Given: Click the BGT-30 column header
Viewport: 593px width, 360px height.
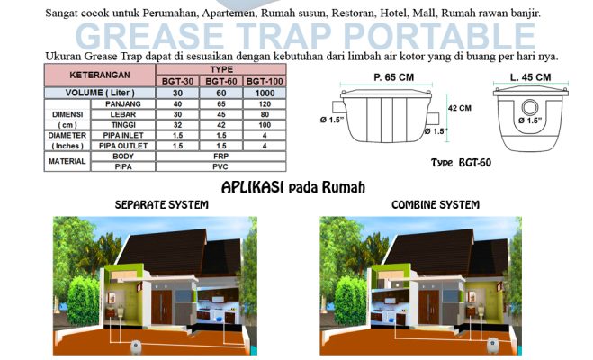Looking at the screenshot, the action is (x=177, y=81).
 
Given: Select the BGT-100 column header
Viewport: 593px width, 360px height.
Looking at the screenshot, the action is (x=265, y=81).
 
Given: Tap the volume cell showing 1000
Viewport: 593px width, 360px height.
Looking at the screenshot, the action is (x=265, y=93).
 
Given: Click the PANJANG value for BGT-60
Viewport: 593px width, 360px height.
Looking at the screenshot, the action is (x=221, y=104).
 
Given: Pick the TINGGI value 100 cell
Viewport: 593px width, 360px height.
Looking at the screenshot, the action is (x=265, y=125).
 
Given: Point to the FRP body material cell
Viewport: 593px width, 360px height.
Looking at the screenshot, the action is (x=220, y=157).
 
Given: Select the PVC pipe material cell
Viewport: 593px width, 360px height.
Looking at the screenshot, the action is (x=220, y=166).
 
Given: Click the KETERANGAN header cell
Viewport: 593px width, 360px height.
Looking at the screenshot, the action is (x=100, y=75).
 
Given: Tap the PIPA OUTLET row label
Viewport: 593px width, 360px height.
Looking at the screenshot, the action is (x=123, y=146).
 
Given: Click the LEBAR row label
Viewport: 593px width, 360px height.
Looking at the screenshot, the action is (x=123, y=114).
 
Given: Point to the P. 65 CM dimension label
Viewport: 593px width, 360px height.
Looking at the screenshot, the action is (x=394, y=77).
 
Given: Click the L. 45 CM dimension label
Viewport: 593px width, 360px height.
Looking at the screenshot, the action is (x=530, y=77).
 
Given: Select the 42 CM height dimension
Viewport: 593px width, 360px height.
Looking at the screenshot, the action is (x=460, y=108).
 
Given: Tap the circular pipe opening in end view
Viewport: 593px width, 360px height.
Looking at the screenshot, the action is (x=530, y=107).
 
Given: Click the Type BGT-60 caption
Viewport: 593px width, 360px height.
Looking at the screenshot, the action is (x=461, y=163).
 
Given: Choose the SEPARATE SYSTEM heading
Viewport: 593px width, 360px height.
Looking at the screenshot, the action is (x=161, y=205).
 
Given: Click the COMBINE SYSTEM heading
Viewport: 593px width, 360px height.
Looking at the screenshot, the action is (x=436, y=205).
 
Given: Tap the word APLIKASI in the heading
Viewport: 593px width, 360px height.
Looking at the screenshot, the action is (x=252, y=187).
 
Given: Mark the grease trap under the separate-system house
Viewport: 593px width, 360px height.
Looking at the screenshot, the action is (x=135, y=346).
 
